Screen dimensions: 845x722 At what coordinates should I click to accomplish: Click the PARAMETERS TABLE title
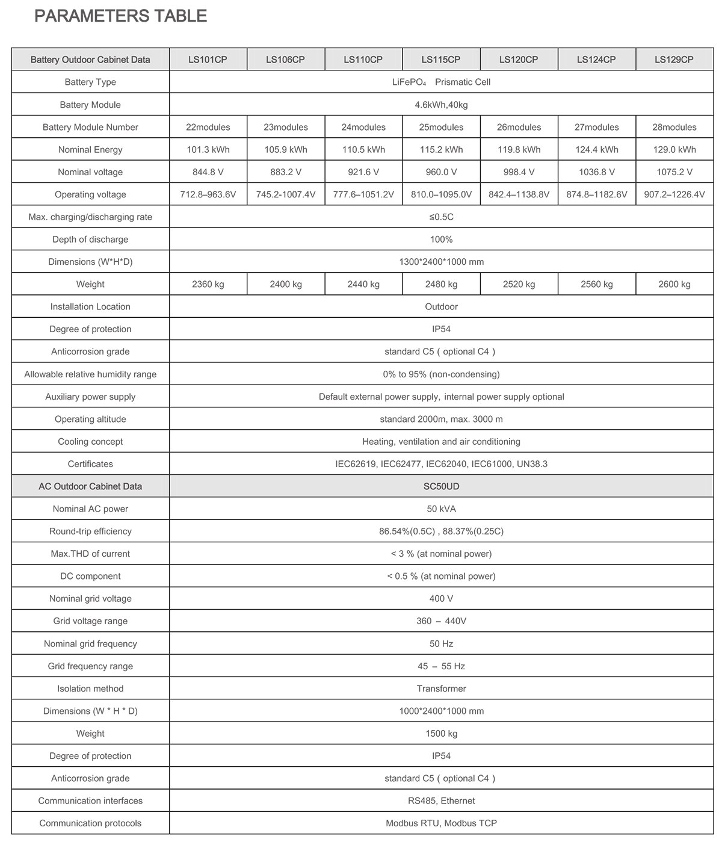tap(121, 16)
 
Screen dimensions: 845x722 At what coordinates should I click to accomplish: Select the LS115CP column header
tap(441, 60)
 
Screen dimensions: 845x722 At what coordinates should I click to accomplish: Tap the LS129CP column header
tap(674, 60)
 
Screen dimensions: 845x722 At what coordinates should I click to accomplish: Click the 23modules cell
tap(286, 127)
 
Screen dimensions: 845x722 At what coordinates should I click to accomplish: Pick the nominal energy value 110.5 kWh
tap(363, 149)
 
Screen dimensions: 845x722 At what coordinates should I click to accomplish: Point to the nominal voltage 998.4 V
tap(519, 172)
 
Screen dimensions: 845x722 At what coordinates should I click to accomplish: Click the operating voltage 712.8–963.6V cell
tap(208, 194)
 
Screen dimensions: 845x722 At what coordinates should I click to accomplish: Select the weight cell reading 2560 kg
tap(596, 284)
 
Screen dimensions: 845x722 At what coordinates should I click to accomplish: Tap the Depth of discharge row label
tap(90, 240)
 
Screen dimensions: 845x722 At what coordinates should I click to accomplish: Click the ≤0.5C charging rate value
tap(441, 217)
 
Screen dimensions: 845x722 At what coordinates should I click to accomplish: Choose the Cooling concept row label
tap(90, 442)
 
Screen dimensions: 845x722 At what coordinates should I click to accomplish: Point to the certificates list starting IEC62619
tap(441, 464)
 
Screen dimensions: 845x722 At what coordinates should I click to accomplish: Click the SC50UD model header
tap(441, 486)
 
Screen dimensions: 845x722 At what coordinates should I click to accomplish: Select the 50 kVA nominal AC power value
tap(441, 509)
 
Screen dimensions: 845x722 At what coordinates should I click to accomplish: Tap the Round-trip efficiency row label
tap(90, 531)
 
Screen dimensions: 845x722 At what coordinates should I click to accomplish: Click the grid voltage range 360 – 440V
tap(441, 621)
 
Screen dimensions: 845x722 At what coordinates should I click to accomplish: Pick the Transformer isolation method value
tap(441, 689)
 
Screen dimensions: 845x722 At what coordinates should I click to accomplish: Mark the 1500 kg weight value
tap(441, 734)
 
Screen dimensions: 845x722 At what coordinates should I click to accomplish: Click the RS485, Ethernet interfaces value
tap(441, 801)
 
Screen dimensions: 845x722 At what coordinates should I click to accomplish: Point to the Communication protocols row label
tap(90, 823)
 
